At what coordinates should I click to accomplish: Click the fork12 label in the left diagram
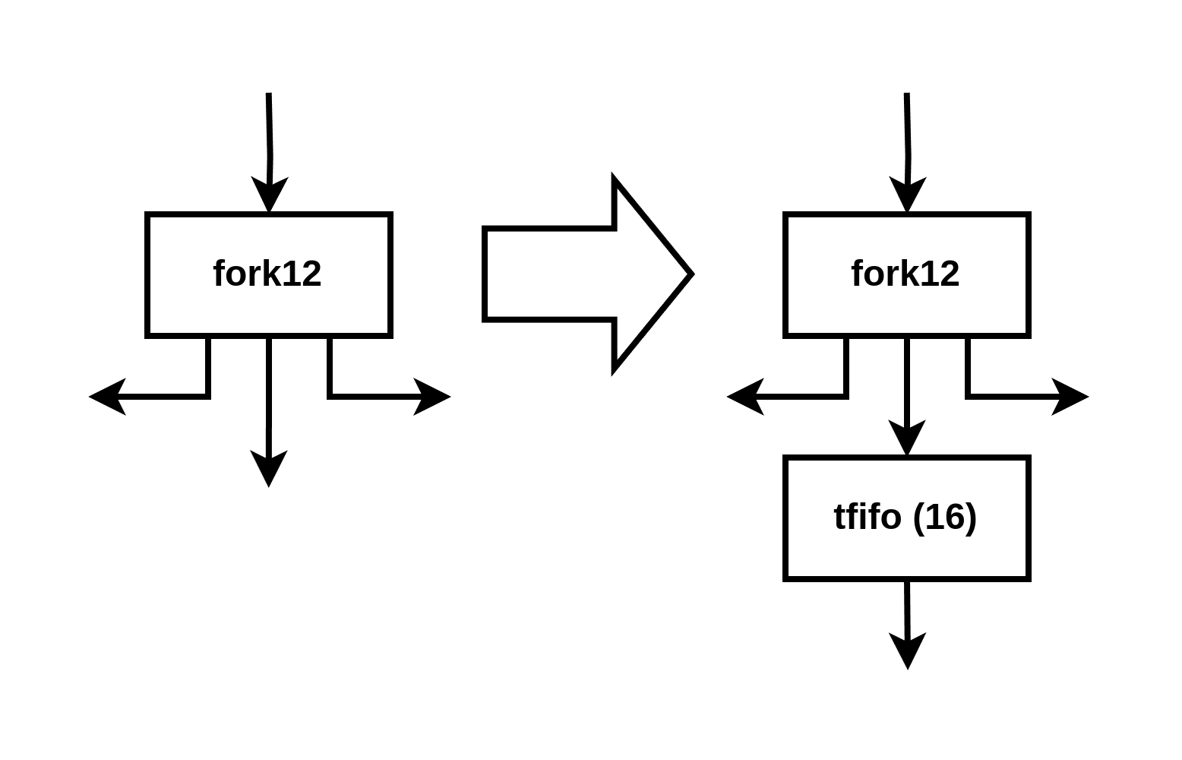click(x=267, y=274)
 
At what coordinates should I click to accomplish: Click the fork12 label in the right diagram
click(x=905, y=274)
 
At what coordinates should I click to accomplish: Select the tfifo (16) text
click(x=905, y=517)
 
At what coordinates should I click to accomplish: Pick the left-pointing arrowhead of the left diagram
click(x=107, y=397)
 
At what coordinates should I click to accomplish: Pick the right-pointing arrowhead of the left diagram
click(x=432, y=397)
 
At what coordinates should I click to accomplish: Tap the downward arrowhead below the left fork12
click(x=269, y=469)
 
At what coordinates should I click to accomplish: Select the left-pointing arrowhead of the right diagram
click(x=745, y=397)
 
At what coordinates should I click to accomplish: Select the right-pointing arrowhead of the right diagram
click(x=1070, y=397)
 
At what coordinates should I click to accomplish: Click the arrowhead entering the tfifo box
click(x=906, y=438)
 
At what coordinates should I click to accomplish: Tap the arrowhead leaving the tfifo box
click(x=908, y=651)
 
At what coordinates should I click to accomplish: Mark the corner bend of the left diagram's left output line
click(x=208, y=397)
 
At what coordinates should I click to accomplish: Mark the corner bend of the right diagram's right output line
click(x=968, y=397)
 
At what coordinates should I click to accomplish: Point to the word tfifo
click(x=868, y=517)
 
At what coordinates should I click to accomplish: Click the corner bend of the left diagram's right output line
click(x=330, y=397)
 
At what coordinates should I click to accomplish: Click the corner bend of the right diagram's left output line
click(x=846, y=397)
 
